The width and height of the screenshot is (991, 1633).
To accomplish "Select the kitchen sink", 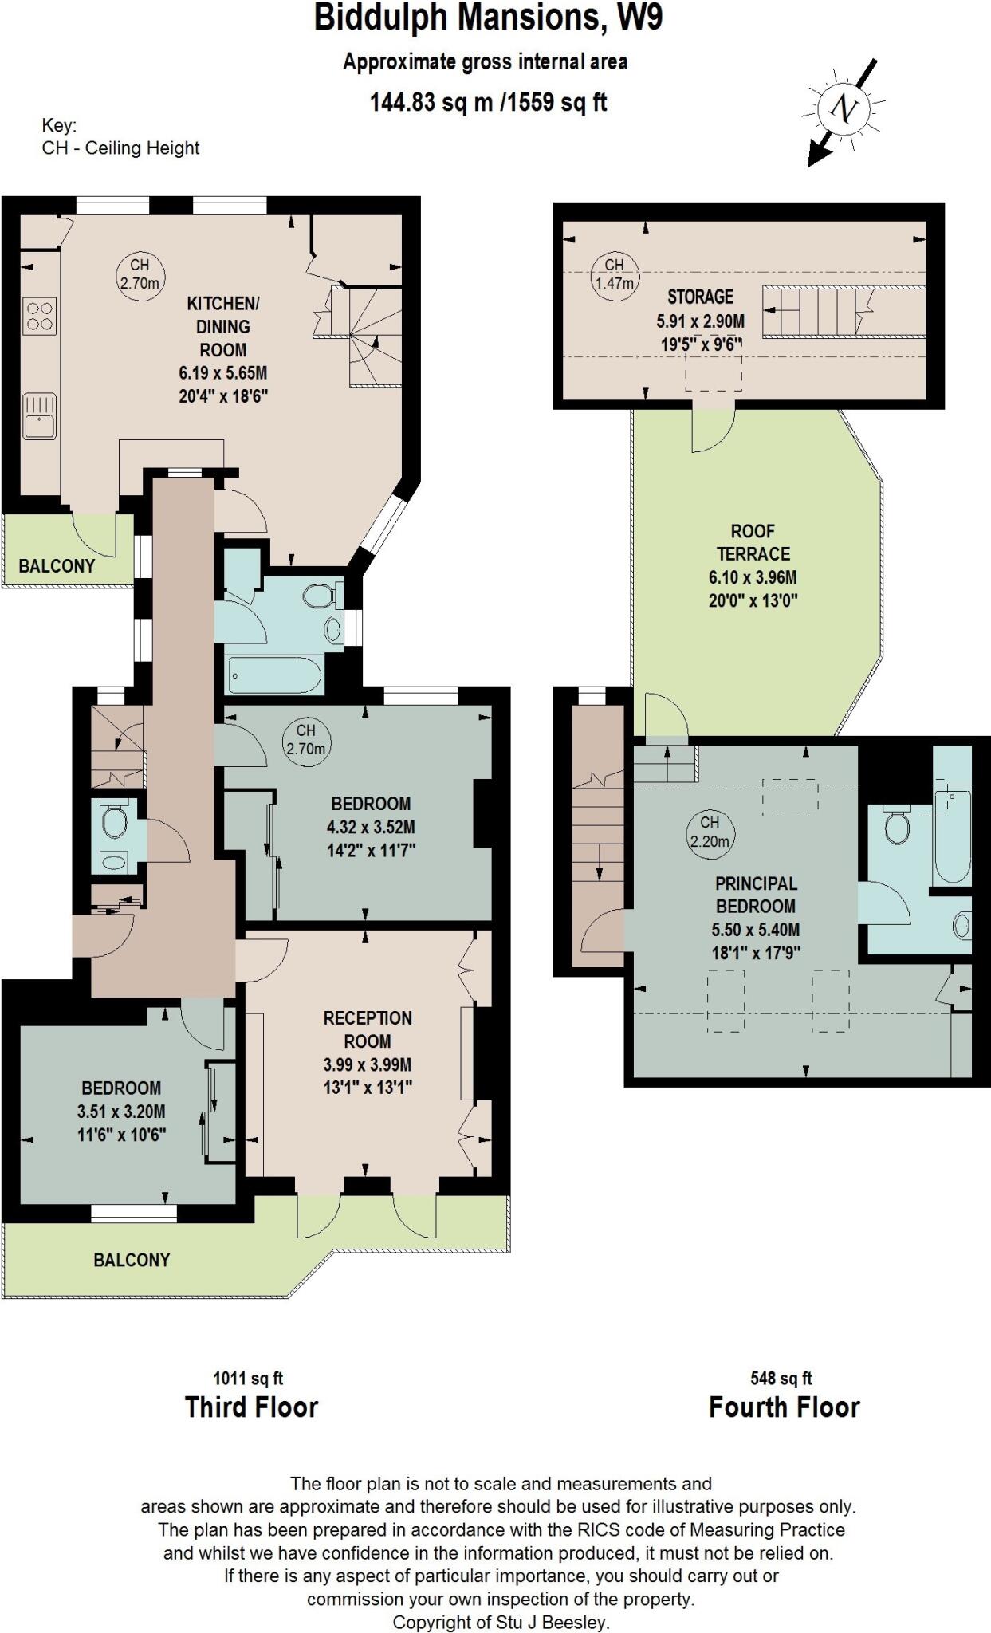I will [39, 415].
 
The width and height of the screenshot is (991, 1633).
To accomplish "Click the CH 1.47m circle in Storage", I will [614, 274].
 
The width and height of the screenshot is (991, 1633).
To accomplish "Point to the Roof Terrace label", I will [753, 542].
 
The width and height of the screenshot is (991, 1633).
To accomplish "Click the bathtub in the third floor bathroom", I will [275, 676].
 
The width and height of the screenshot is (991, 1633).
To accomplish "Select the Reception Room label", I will [368, 1029].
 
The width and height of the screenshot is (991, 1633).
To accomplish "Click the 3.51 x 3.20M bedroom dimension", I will [121, 1112].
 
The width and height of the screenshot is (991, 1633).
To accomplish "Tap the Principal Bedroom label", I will [755, 895].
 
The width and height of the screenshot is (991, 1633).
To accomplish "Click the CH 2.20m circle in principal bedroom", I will [710, 831].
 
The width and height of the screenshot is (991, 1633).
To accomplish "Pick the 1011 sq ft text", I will [248, 1378].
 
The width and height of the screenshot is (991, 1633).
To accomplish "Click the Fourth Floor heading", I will [784, 1407].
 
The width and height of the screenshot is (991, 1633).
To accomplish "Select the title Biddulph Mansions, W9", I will [488, 18].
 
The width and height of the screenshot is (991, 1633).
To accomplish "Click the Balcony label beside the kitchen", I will [57, 566].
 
